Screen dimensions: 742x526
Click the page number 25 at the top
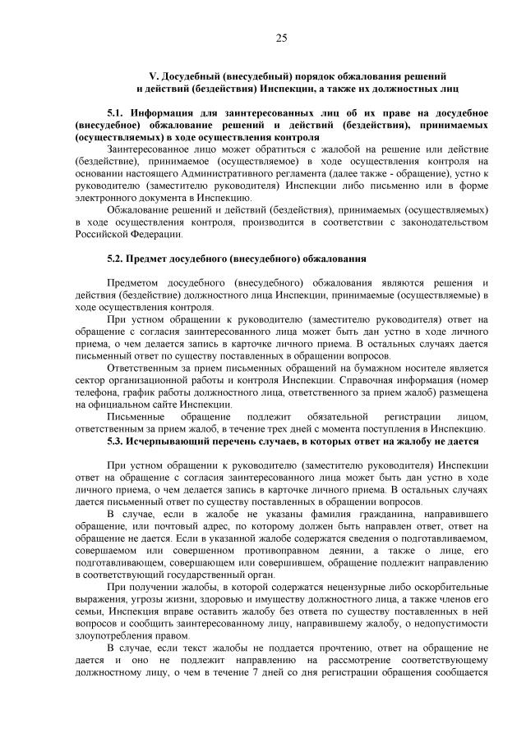point(280,38)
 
